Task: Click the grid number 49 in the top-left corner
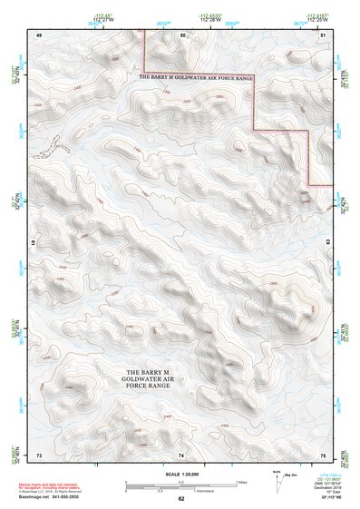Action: [39, 34]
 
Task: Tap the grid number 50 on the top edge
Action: [182, 34]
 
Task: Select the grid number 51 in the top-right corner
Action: [324, 34]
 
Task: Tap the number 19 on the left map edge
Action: [35, 244]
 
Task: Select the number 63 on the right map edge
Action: [327, 243]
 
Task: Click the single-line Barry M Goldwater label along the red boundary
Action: [195, 79]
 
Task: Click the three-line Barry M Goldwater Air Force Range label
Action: [148, 379]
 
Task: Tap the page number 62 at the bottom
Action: [181, 499]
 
